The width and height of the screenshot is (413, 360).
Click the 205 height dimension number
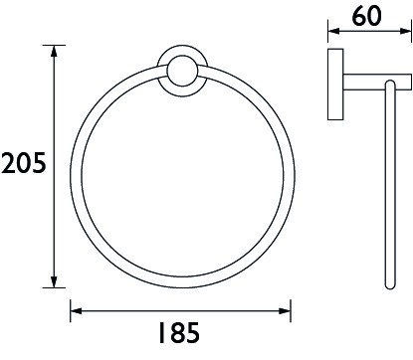(x=23, y=163)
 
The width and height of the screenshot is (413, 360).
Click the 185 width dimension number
(x=179, y=332)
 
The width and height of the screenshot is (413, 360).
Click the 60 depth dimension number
(x=367, y=16)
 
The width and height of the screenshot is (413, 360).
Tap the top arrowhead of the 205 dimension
(x=54, y=51)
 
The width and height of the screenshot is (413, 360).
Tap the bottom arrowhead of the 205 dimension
(x=54, y=282)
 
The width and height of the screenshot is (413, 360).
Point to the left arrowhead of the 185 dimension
(x=76, y=311)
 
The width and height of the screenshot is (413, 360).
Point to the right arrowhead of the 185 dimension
(x=285, y=311)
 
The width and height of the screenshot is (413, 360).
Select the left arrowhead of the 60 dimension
(x=333, y=31)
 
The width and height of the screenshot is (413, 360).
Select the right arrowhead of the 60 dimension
(x=406, y=31)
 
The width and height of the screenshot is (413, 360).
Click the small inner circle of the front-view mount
(x=182, y=72)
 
